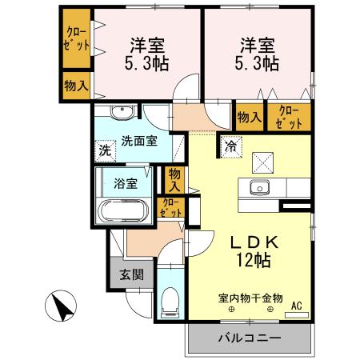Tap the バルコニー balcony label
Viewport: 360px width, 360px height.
coord(250,338)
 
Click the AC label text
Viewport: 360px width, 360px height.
coord(297,305)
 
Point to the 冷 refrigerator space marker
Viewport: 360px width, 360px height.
coord(230,146)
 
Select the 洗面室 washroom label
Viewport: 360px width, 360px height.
coord(139,142)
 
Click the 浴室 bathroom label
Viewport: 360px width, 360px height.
coord(126,183)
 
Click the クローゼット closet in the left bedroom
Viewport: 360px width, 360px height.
coord(77,38)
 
